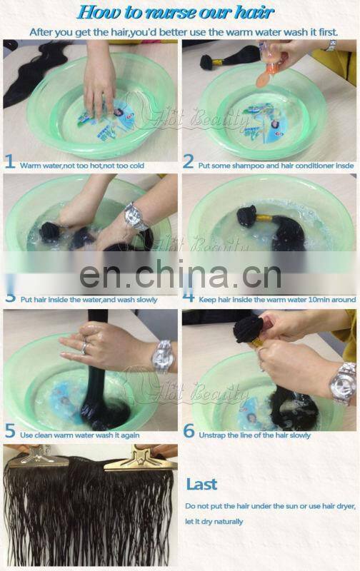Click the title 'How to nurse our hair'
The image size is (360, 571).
point(175,12)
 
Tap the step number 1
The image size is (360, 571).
point(10,163)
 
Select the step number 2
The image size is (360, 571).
point(189,163)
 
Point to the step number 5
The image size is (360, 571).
point(10,433)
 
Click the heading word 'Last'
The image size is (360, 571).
point(201,485)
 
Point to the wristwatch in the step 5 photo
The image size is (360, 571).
point(163,355)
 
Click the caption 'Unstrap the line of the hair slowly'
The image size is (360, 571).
point(255,435)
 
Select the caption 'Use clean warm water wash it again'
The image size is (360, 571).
point(80,435)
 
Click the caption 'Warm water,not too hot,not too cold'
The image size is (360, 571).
point(81,166)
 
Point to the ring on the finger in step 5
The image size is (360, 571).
point(86,348)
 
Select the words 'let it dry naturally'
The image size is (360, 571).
point(214,522)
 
